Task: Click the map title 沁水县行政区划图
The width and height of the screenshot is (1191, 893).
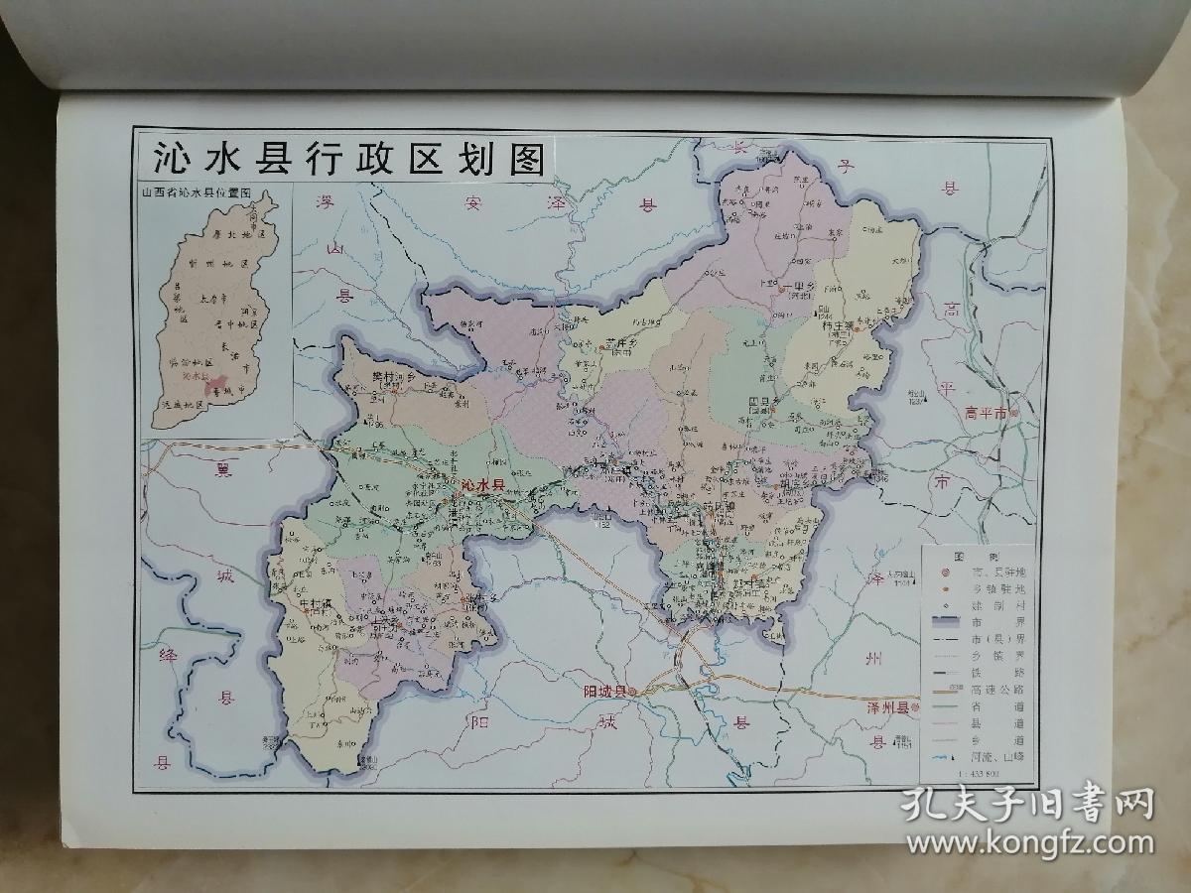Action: click(346, 159)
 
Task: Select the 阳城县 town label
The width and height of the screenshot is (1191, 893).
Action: click(606, 692)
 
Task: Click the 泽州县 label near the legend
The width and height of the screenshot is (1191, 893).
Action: click(888, 708)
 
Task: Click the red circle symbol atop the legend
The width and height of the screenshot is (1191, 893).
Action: click(945, 572)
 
